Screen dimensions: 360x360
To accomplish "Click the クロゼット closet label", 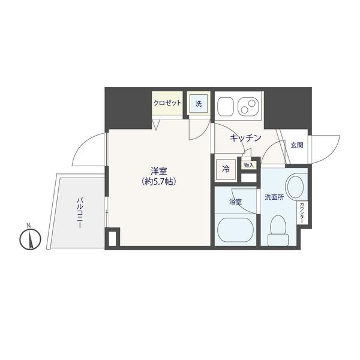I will pos(167,103).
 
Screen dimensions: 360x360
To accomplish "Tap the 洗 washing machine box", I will pos(199,104).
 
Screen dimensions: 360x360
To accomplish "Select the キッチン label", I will pos(246,138).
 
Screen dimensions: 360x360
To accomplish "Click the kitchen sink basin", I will pos(225,106).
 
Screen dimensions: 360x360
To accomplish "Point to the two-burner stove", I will pos(247,106).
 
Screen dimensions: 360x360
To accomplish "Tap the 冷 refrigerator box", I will pos(226,169).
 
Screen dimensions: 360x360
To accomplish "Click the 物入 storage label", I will pos(248,164).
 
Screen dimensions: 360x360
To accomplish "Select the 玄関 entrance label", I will pos(297,145).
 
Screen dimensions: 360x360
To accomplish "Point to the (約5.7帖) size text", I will pos(159,180).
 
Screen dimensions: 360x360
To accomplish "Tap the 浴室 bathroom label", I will pos(235,202).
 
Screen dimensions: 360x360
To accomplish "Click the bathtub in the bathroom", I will pos(235,229).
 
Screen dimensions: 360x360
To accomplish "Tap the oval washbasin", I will pos(295,186).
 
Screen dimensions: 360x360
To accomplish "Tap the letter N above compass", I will pos(29,226).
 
